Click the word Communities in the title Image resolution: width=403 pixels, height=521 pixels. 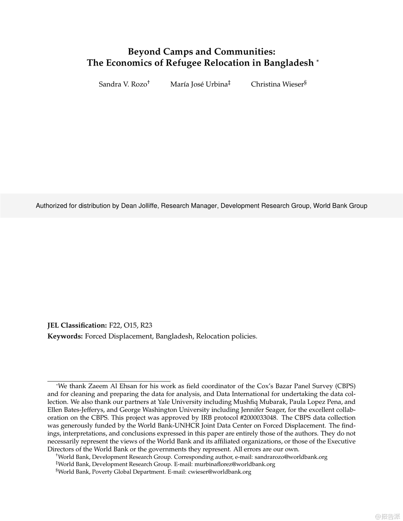click(245, 51)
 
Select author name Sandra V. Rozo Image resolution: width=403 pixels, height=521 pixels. click(123, 84)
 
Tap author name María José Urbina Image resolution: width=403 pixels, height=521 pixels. click(199, 84)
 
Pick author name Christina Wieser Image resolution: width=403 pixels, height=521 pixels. click(277, 84)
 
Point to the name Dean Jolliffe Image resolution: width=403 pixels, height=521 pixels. click(140, 206)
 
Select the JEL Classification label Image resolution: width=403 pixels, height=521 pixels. click(77, 325)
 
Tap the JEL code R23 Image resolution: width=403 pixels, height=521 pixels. click(146, 325)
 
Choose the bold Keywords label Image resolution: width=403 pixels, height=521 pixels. click(65, 336)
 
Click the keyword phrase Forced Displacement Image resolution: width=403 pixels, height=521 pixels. click(119, 336)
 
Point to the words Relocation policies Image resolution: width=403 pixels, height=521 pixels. click(226, 336)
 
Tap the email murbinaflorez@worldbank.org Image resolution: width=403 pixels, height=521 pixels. click(235, 464)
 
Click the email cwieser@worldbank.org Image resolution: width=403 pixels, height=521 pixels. click(219, 472)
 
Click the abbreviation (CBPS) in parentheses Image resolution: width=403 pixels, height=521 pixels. click(345, 386)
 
